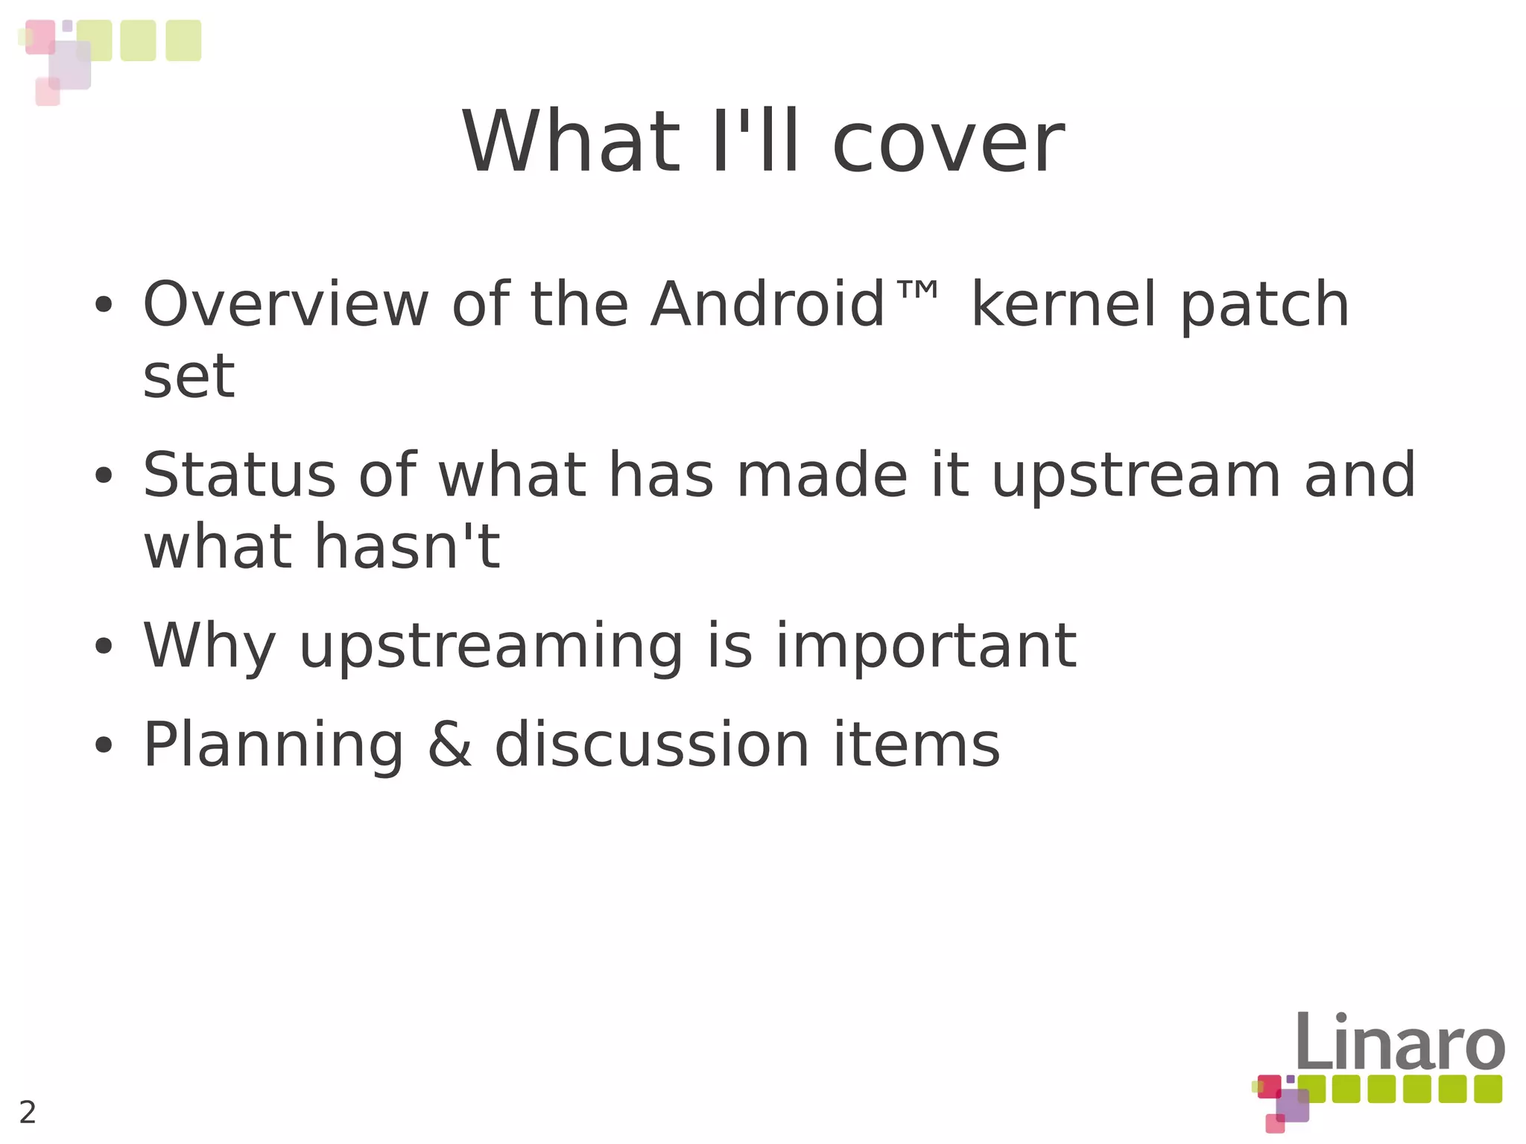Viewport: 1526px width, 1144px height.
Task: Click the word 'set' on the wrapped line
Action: [x=189, y=376]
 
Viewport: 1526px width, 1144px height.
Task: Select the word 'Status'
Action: [x=239, y=475]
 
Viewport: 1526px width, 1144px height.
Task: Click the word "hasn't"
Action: [x=407, y=546]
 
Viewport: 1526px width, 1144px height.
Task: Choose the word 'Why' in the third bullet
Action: [x=209, y=646]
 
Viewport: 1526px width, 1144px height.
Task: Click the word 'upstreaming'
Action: [x=491, y=646]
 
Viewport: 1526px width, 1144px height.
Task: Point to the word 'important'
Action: [x=926, y=646]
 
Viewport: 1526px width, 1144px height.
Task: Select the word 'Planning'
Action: [x=273, y=745]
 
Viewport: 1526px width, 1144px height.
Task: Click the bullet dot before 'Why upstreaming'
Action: [x=104, y=646]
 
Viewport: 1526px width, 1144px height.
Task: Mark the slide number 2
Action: [x=28, y=1112]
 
